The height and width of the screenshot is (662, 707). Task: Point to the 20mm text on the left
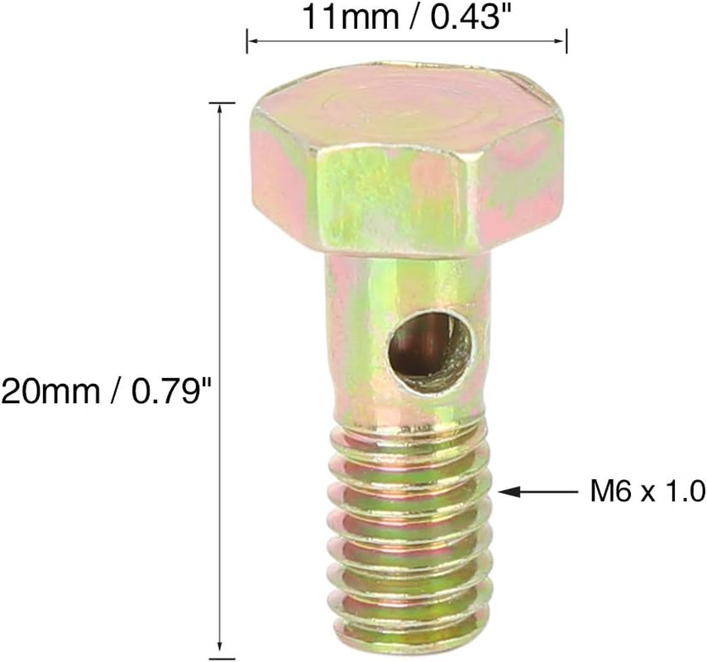point(49,390)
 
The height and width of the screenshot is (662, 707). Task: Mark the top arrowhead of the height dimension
point(220,110)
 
